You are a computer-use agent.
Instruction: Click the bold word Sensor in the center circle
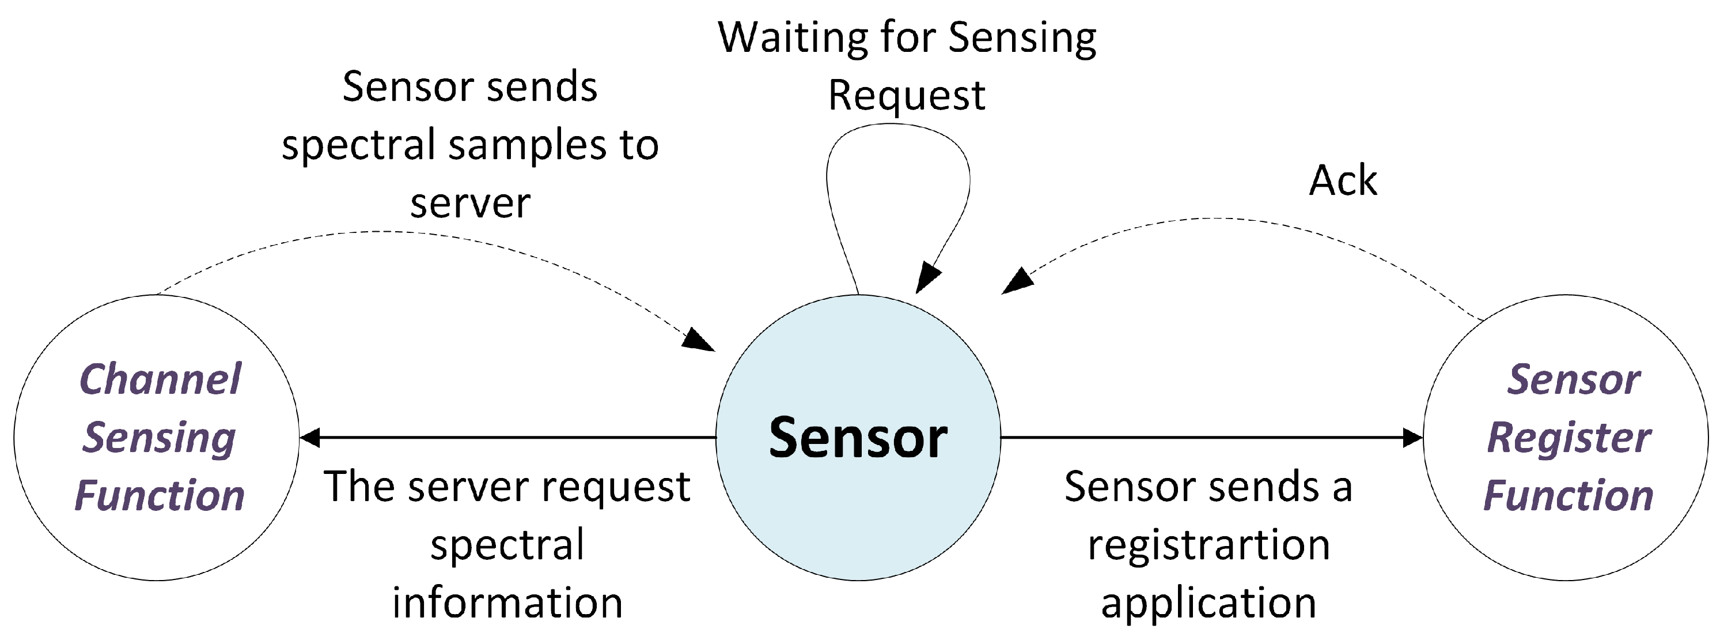click(858, 438)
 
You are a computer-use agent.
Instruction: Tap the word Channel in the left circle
click(160, 379)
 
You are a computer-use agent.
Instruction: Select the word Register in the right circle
click(1569, 438)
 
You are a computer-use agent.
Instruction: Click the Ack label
click(1342, 180)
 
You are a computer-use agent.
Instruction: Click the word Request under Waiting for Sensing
click(906, 96)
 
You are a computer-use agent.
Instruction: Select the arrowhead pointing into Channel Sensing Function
click(310, 438)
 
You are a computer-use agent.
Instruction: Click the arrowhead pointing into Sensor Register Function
click(1412, 438)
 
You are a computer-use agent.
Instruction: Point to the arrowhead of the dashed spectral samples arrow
click(699, 340)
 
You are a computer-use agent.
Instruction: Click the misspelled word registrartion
click(1208, 545)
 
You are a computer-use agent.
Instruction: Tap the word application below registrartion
click(1208, 603)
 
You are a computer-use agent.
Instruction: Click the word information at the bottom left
click(507, 603)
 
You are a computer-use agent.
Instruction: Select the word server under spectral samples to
click(470, 203)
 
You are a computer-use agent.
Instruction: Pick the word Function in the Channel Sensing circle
click(160, 496)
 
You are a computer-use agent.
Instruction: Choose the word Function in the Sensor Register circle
click(1569, 496)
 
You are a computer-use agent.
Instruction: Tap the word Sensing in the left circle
click(160, 438)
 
